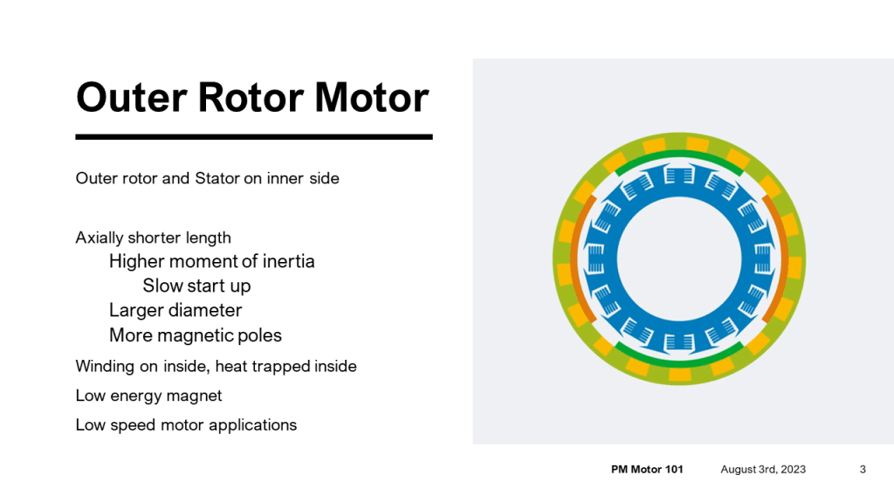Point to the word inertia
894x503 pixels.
click(289, 261)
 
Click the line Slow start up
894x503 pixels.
click(196, 286)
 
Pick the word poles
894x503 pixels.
click(259, 335)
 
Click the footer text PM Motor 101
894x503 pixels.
click(647, 470)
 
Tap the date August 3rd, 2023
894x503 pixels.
click(763, 470)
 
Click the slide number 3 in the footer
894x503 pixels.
click(863, 470)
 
